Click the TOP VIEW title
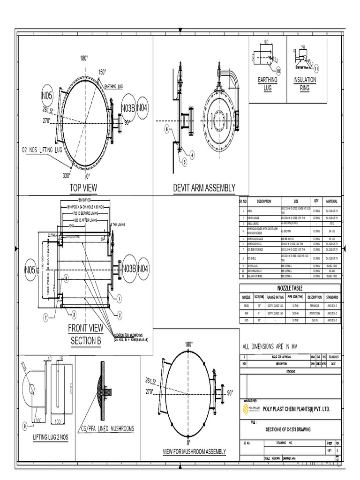point(83,188)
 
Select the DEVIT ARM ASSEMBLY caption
point(204,188)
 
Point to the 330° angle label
point(67,176)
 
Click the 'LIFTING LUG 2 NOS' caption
point(51,437)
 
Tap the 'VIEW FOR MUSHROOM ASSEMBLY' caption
point(194,451)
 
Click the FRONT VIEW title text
point(86,327)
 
